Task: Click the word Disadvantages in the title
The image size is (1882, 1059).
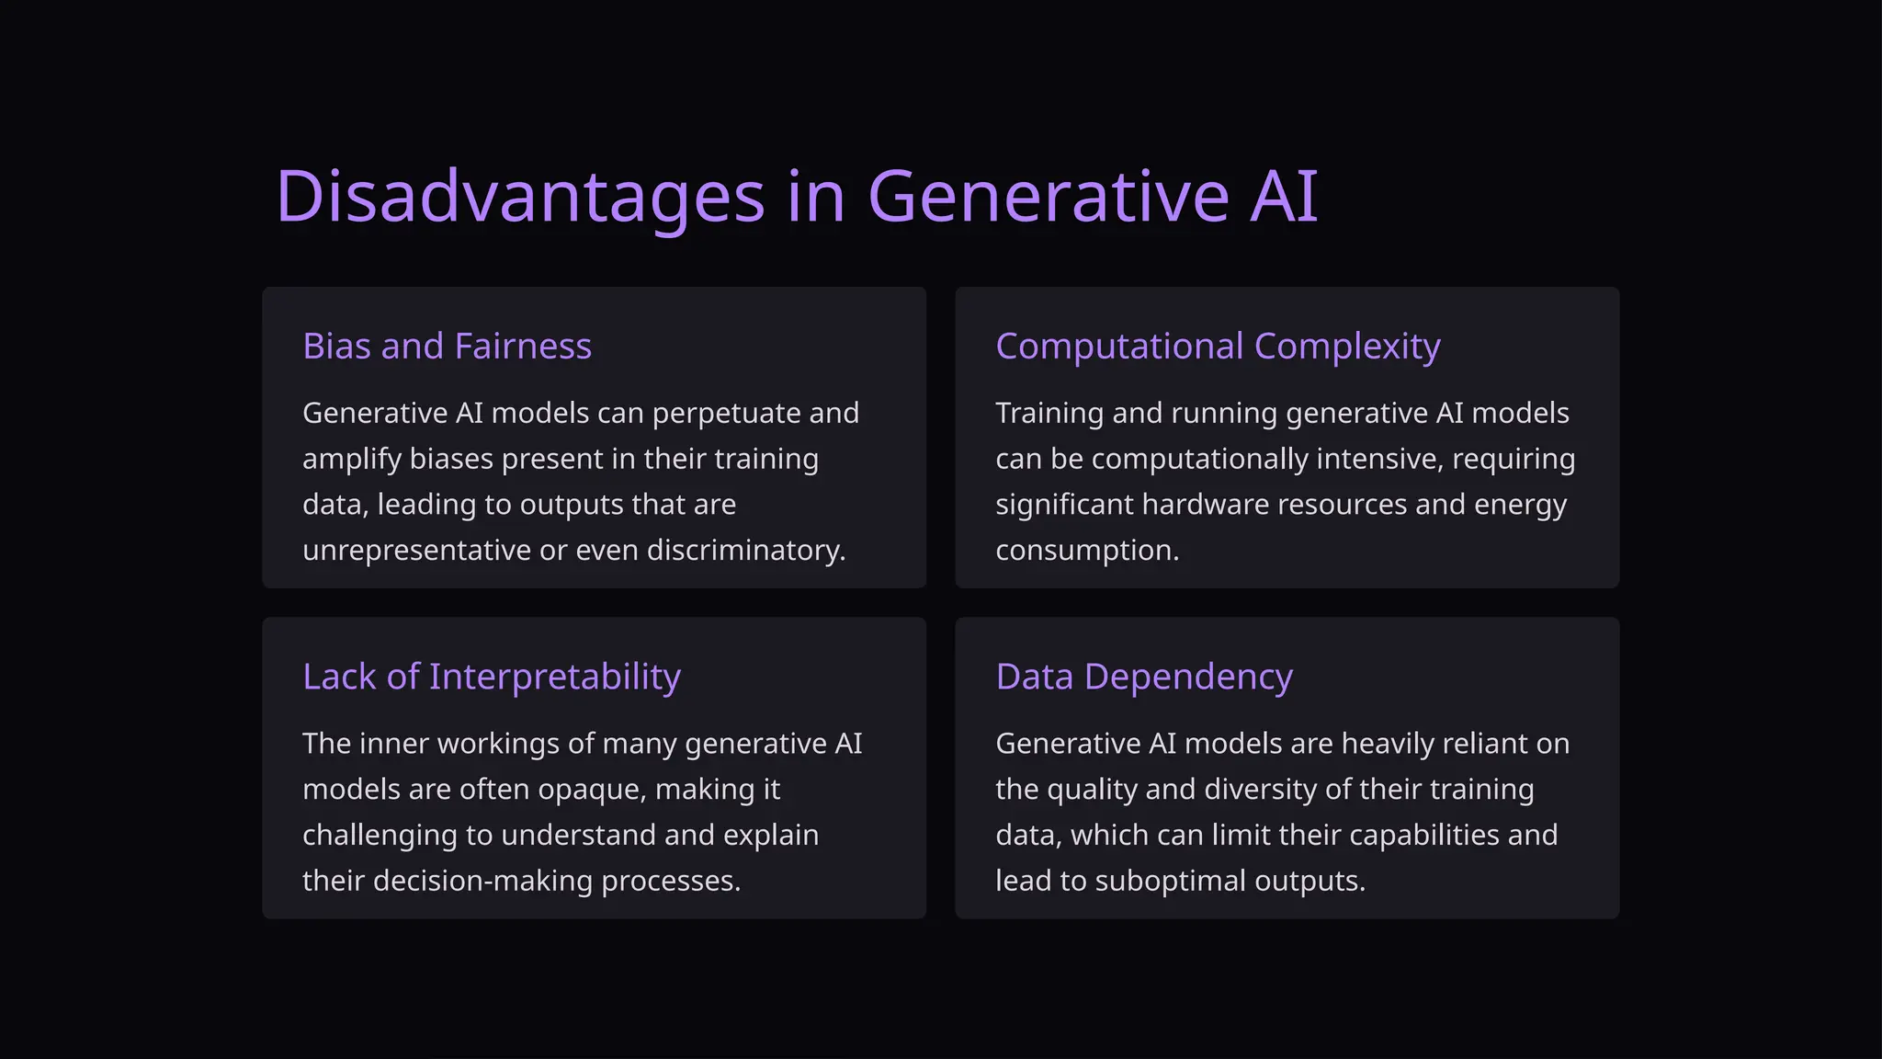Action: [x=520, y=196]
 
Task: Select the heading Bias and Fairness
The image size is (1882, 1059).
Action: [x=447, y=347]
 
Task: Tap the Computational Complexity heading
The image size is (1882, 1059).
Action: [x=1218, y=347]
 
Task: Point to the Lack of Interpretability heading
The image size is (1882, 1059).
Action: [x=492, y=677]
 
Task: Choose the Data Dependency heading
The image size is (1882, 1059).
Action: [x=1144, y=677]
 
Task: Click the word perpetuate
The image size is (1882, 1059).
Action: [x=726, y=414]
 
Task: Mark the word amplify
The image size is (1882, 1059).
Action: [x=351, y=460]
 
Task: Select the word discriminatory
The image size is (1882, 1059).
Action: [x=745, y=551]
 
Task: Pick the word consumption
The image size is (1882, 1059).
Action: [x=1086, y=551]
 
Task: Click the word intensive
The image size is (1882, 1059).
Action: [x=1378, y=460]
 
